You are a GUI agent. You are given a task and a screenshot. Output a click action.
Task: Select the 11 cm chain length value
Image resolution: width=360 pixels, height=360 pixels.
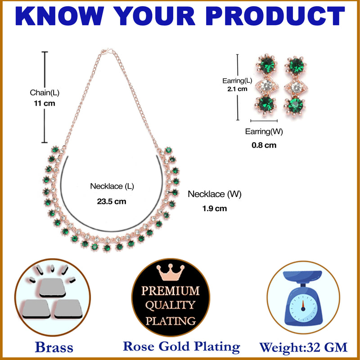point(45,103)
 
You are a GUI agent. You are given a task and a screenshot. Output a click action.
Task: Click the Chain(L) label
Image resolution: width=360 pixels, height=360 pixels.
point(45,93)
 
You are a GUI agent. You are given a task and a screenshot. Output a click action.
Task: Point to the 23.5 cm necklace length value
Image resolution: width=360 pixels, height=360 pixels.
point(112,202)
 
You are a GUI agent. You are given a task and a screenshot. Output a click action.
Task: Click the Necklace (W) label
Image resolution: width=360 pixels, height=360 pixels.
point(215,194)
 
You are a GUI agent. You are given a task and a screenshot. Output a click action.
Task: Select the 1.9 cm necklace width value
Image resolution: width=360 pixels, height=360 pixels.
point(215,208)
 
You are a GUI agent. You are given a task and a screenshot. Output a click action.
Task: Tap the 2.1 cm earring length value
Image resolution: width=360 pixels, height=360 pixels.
point(237,89)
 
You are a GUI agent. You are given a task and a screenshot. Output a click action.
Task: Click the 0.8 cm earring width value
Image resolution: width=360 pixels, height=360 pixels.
point(264,145)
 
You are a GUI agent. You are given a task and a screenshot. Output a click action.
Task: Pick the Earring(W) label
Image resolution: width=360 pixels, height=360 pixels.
point(264,132)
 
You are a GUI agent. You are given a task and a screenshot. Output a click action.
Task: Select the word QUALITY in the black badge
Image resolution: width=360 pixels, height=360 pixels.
point(171,306)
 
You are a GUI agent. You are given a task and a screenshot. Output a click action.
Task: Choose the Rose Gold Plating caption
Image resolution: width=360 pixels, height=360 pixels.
point(181,346)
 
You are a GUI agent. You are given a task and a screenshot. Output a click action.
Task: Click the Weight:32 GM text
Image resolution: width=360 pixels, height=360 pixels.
point(303,347)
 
